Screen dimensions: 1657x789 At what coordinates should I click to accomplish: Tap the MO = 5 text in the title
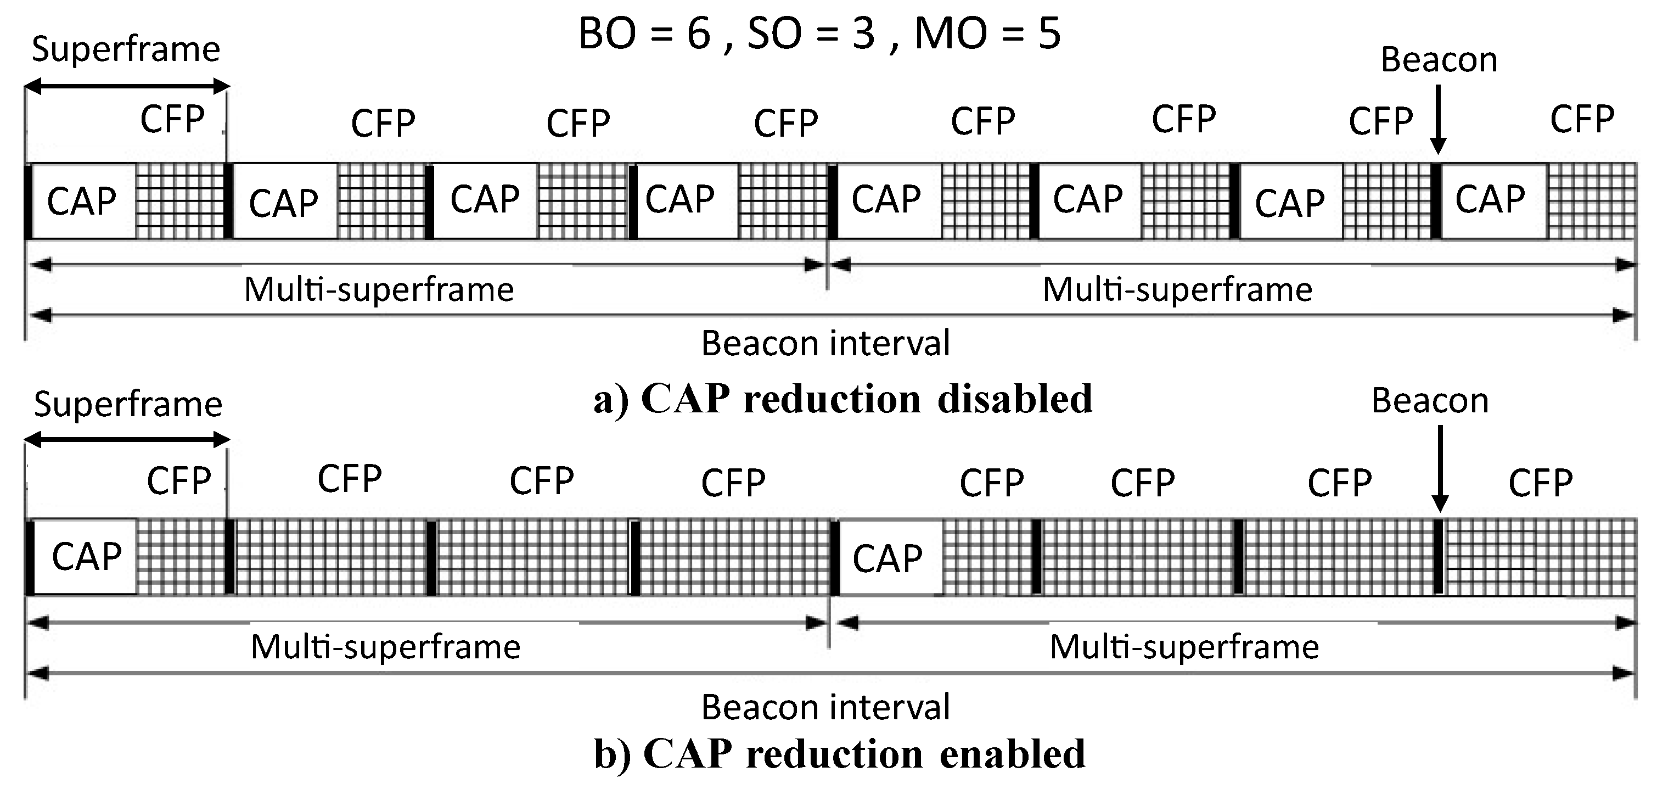[x=987, y=33]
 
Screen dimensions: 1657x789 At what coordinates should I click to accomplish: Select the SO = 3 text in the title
[x=811, y=33]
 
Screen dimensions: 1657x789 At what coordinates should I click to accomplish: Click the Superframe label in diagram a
[x=126, y=49]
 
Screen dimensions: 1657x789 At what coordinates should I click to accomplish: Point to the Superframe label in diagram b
[x=128, y=405]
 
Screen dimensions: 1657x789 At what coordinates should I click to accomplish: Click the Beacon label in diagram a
[x=1439, y=60]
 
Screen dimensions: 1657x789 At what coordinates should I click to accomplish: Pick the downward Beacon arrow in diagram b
[x=1440, y=468]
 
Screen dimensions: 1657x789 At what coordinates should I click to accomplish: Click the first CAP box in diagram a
[x=83, y=202]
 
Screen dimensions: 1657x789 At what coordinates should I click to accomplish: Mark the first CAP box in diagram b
[x=85, y=556]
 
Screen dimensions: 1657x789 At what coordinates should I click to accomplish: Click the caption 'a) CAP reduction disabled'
[x=842, y=399]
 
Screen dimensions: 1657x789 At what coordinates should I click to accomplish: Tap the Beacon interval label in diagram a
[x=825, y=343]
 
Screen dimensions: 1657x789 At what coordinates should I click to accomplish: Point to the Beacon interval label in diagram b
[x=825, y=707]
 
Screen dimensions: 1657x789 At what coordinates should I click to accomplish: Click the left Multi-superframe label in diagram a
[x=379, y=289]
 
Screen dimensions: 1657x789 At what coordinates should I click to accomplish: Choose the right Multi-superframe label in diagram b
[x=1184, y=647]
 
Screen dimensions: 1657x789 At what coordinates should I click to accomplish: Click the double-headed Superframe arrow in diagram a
[x=127, y=86]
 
